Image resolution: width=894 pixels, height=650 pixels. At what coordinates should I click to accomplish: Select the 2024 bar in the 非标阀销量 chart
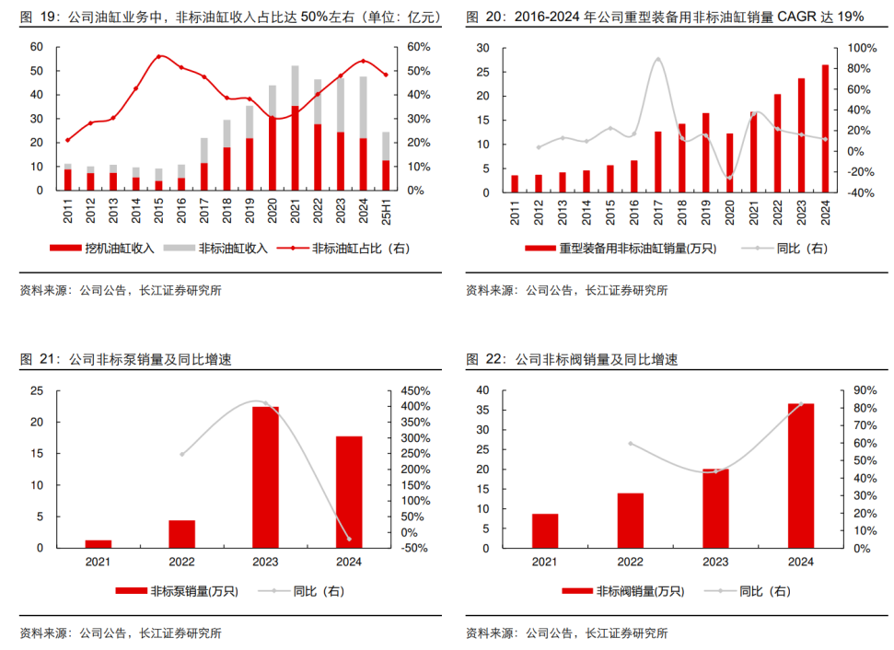801,475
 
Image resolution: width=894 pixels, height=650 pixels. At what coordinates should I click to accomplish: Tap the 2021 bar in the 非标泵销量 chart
99,543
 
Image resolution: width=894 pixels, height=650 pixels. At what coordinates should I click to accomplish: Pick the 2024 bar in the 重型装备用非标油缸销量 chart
824,129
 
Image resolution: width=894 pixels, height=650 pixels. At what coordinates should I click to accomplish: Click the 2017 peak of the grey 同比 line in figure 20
657,60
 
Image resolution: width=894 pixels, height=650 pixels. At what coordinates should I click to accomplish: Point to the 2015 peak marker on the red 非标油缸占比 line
158,56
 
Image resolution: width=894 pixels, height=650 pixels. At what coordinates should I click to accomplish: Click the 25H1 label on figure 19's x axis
386,211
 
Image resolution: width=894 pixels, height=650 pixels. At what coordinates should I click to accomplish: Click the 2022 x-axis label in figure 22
630,561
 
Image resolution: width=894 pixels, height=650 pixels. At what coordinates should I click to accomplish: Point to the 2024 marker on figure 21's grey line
348,539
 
